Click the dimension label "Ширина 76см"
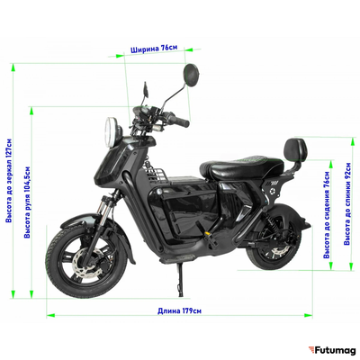[154, 49]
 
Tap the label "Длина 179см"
[180, 310]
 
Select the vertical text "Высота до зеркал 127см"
[9, 181]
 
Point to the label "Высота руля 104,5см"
[27, 202]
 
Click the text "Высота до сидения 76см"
[327, 215]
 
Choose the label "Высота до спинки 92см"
[347, 204]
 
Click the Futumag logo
[332, 350]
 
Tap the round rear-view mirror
[191, 75]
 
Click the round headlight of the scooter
[110, 132]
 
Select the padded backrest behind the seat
[296, 150]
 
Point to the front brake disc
[86, 262]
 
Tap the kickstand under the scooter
[180, 279]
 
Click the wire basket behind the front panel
[156, 174]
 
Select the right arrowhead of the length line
[308, 315]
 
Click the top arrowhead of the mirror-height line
[13, 67]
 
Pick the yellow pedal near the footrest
[208, 232]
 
